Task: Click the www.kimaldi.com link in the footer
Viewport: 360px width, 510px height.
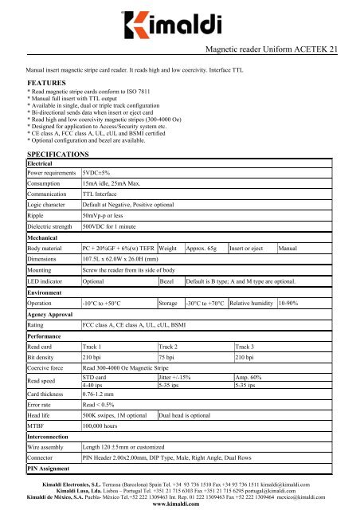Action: coord(181,505)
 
